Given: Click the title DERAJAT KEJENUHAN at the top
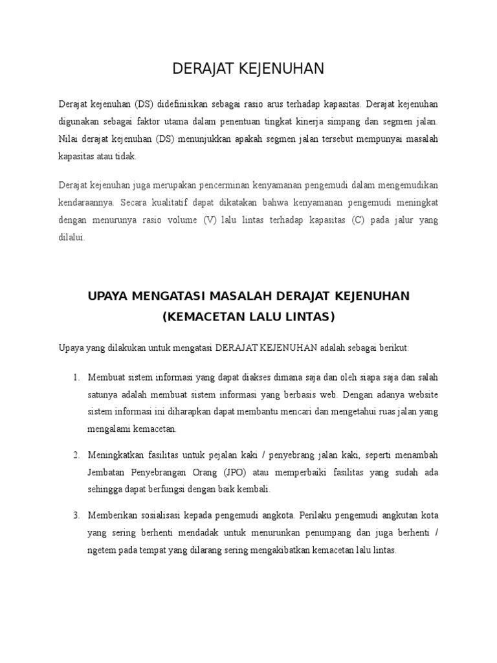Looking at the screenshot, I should (248, 69).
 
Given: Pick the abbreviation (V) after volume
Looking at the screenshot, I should (210, 220).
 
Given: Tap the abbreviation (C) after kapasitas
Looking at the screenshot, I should (359, 220).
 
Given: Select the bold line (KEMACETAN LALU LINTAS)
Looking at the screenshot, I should (248, 317).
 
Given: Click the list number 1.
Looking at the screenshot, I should (76, 377).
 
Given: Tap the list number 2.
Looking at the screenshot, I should (76, 455).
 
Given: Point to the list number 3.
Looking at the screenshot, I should (76, 515).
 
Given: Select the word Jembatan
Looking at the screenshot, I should (106, 472).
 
